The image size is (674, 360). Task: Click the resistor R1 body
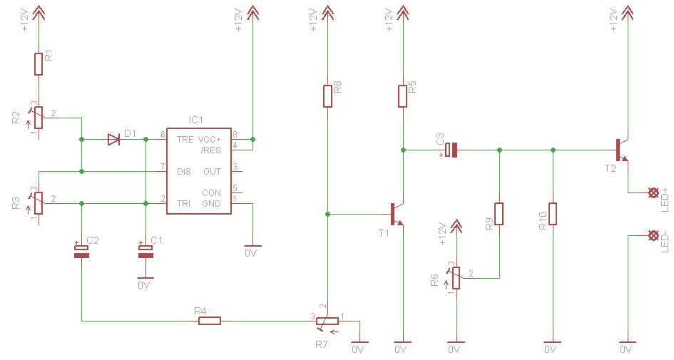pos(39,64)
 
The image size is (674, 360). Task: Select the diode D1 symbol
pos(113,139)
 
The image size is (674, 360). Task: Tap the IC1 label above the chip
pos(196,120)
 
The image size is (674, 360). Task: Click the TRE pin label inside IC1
pos(185,140)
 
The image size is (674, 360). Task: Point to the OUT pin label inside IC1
pos(213,171)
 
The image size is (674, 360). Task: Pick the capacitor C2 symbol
pos(82,252)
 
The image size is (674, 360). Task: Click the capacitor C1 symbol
pos(145,252)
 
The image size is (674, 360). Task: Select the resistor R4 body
pos(210,321)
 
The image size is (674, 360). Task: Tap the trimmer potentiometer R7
pos(327,322)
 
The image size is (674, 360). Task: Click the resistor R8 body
pos(327,96)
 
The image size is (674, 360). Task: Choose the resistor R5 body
pos(402,96)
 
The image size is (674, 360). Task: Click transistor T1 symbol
pos(397,214)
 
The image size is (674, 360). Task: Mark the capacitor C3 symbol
pos(451,150)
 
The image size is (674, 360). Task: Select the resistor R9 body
pos(499,214)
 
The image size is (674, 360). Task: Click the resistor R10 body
pos(553,214)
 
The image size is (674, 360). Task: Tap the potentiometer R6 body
pos(456,278)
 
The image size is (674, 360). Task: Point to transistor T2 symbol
pos(622,150)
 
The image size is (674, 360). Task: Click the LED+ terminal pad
pos(653,192)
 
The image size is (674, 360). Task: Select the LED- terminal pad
pos(653,235)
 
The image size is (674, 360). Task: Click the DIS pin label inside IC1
pos(184,171)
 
